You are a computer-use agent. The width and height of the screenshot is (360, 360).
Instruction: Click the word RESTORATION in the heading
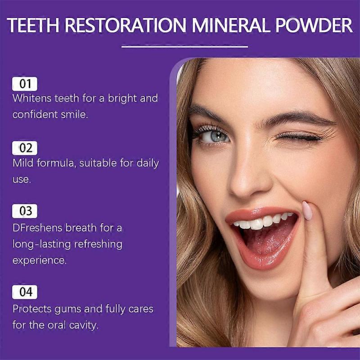click(124, 25)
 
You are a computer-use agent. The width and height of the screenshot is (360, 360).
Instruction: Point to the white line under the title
click(185, 46)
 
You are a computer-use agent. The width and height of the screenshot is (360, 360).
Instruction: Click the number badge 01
click(25, 84)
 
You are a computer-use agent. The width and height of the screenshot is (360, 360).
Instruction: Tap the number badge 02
click(25, 148)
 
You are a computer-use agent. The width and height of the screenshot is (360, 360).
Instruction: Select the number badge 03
click(25, 211)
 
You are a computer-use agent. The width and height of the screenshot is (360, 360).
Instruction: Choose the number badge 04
click(25, 292)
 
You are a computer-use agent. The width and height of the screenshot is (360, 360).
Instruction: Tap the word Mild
click(22, 163)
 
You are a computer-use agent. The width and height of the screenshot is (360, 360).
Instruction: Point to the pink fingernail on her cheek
click(307, 210)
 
